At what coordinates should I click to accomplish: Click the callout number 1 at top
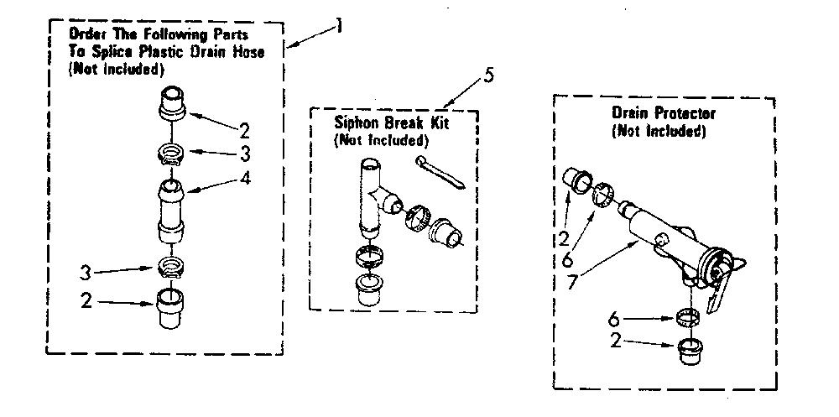(339, 26)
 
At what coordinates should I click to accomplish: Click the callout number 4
(245, 178)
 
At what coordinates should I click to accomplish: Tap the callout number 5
(488, 75)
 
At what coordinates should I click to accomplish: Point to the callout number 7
(572, 281)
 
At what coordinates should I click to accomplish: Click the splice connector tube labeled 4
(171, 211)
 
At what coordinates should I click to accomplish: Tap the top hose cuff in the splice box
(172, 103)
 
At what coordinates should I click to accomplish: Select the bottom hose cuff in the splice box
(171, 308)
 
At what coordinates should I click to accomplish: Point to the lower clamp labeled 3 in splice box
(171, 265)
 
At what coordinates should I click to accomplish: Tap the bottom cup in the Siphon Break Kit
(369, 289)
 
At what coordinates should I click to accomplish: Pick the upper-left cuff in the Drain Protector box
(578, 180)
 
